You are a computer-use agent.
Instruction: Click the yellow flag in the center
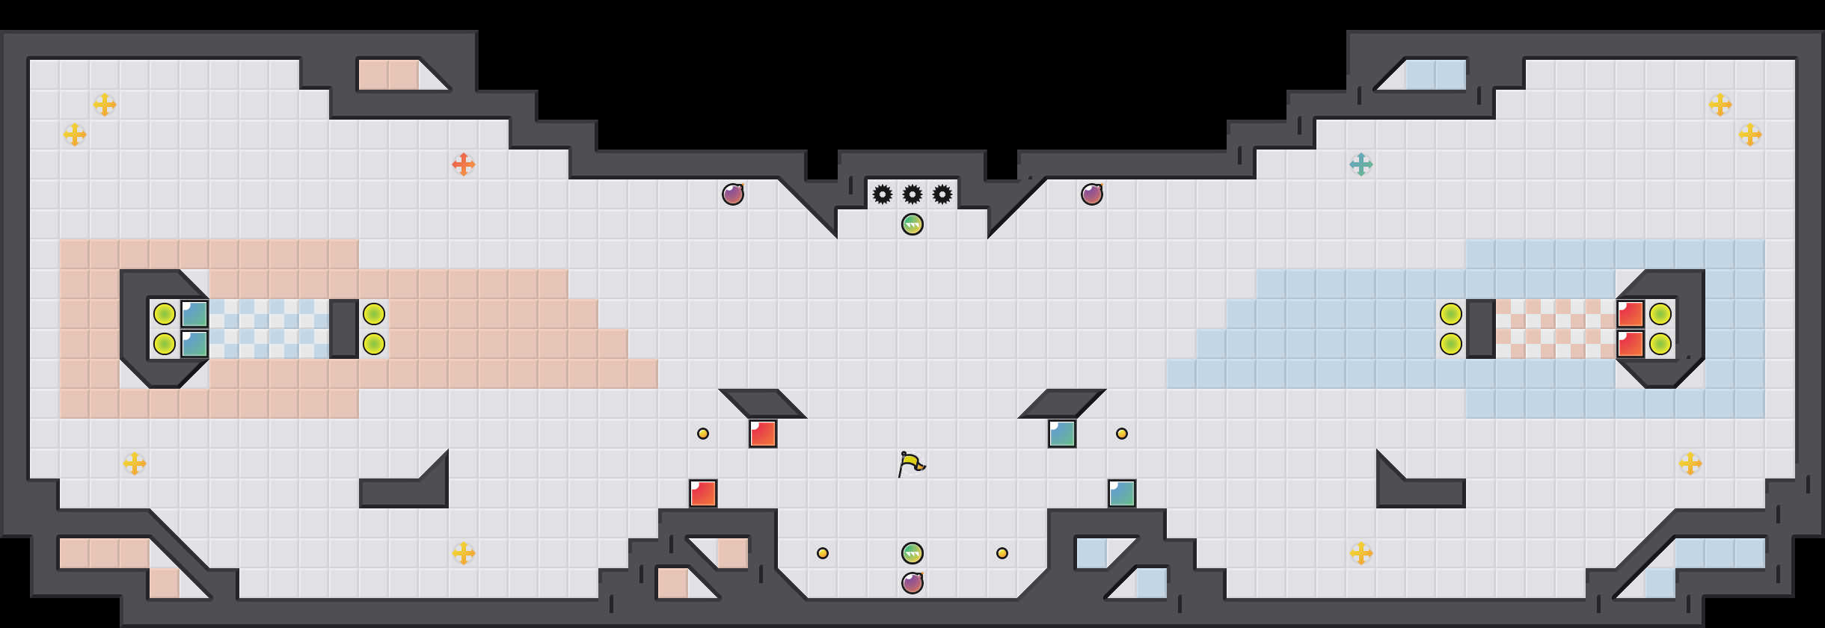point(911,464)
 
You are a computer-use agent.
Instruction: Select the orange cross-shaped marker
point(464,164)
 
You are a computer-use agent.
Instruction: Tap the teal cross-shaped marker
point(1361,164)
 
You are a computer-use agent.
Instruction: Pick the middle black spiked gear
point(912,194)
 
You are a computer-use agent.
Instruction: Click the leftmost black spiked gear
point(883,194)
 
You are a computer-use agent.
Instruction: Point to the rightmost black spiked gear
point(942,194)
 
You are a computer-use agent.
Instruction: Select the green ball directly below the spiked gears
point(912,224)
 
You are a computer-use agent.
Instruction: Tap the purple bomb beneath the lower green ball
point(912,583)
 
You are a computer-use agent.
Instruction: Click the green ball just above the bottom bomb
point(912,553)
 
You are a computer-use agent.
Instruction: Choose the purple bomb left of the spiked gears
point(733,194)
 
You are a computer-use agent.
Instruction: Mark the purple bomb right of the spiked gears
point(1092,194)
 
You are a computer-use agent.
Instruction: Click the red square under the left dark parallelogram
point(763,434)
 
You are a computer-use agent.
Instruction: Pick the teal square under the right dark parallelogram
point(1062,434)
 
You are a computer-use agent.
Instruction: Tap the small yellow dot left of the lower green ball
point(823,553)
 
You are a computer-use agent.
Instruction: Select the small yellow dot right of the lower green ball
point(1002,553)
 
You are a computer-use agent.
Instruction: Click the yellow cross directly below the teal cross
point(1361,553)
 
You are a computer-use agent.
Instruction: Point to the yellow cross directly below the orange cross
point(464,553)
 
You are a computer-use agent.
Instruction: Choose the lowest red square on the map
point(703,493)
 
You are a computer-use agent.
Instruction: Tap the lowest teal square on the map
point(1122,493)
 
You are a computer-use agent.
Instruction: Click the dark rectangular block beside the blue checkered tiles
point(344,329)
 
